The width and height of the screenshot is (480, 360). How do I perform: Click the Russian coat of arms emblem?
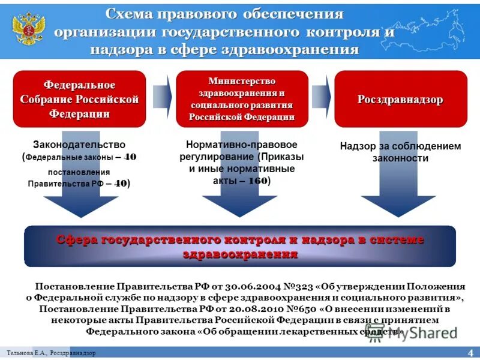pos(28,30)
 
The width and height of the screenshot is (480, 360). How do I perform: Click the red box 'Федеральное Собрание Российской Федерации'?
pos(80,99)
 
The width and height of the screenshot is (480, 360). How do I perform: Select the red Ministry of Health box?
pos(242,99)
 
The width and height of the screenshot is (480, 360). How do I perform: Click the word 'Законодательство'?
pos(79,145)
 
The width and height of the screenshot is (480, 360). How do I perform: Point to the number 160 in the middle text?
pos(258,180)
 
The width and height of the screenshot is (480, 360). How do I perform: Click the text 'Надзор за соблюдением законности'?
pos(400,152)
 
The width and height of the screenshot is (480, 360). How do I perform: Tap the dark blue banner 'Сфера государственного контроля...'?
pos(240,247)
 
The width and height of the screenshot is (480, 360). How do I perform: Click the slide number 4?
pos(470,352)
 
